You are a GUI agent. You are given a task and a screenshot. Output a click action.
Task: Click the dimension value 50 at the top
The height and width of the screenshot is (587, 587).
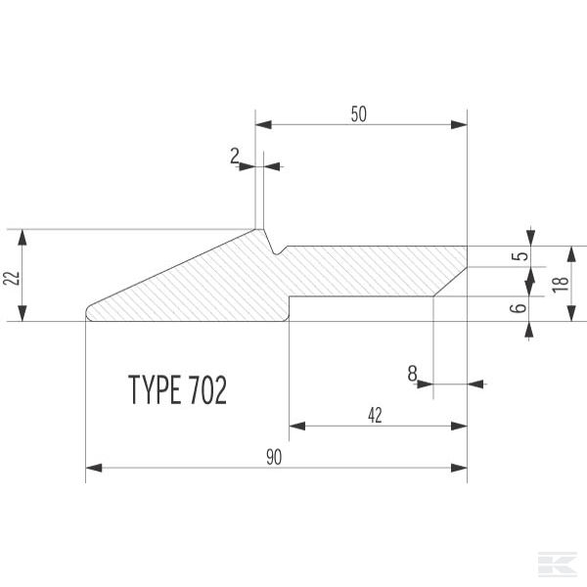(358, 113)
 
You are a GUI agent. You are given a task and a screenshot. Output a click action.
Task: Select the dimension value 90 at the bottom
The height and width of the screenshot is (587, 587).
(275, 457)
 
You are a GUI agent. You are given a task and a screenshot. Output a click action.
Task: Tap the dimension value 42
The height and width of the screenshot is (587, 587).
(375, 414)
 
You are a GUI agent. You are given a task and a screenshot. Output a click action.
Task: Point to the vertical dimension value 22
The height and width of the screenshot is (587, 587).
(11, 276)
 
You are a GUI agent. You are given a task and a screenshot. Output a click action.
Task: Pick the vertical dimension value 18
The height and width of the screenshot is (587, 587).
(559, 284)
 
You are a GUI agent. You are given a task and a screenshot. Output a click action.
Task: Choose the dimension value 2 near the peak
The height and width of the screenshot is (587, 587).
(236, 155)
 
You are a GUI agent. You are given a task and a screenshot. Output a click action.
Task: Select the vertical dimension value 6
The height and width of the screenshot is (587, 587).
(521, 307)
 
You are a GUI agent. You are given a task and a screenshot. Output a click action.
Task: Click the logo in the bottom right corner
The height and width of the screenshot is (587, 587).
(558, 564)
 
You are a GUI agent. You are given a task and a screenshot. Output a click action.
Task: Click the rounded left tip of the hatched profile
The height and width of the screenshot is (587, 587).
(89, 311)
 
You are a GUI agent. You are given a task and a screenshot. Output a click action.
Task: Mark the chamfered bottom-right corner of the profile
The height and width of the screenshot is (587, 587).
(449, 282)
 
